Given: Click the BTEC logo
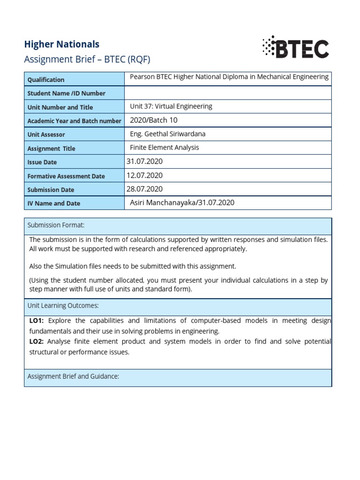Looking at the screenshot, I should point(295,47).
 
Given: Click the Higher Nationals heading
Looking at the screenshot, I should point(61,44).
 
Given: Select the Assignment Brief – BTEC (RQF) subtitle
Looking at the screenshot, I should point(87,60).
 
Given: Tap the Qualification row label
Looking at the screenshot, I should point(46,80).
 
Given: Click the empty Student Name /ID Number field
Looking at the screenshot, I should point(228,93).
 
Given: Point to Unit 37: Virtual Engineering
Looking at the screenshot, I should point(171,106).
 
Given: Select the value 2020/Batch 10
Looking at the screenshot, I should point(153,120).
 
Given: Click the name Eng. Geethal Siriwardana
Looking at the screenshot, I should point(167,134).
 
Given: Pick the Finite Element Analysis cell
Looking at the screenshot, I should point(164,148).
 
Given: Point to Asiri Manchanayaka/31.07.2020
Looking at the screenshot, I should point(182,202).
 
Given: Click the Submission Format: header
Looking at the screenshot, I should point(56,225).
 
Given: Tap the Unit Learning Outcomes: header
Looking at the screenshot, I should point(63,306).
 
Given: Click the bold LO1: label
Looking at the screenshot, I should point(36,321).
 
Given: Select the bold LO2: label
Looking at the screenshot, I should point(36,341).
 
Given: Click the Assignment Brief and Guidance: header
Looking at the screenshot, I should point(73,376).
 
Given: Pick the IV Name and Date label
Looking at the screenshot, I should point(53,203).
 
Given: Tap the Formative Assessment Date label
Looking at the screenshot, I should point(66,176).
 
